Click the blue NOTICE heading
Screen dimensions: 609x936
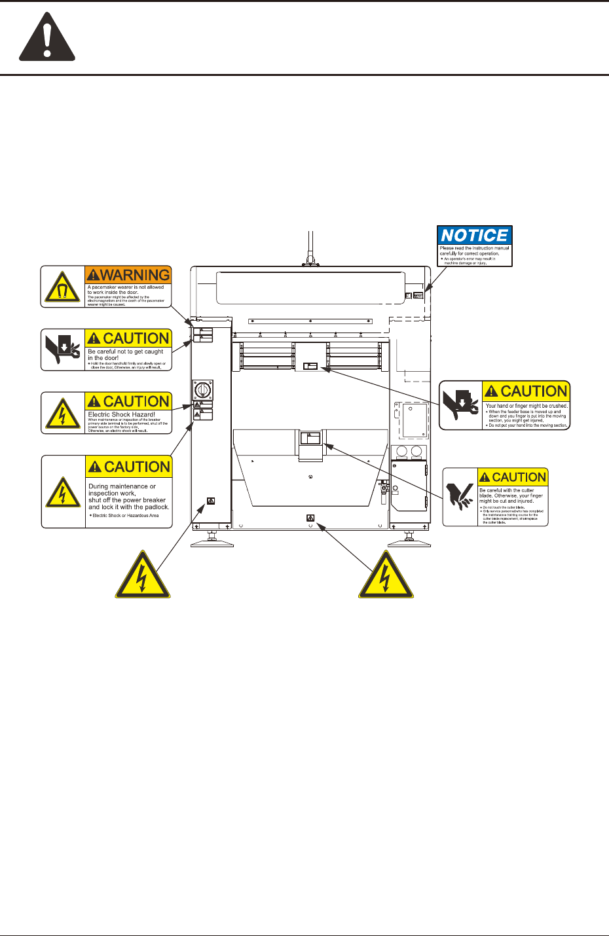tap(475, 235)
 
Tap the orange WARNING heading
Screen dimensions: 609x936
tap(128, 275)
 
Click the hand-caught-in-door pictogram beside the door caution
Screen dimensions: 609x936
tap(63, 350)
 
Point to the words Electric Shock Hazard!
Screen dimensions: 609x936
tap(122, 414)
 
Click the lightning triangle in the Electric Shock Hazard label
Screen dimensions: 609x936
tap(63, 414)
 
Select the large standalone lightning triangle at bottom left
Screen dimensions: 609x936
tap(143, 576)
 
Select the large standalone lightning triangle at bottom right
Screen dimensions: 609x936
tap(386, 576)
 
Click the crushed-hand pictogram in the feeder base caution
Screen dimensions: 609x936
tap(460, 406)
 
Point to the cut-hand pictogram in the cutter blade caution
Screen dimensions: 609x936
tap(460, 497)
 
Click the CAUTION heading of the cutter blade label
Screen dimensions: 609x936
tap(513, 477)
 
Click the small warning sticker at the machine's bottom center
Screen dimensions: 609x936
tap(310, 518)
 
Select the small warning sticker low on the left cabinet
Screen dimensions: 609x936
tap(210, 501)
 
